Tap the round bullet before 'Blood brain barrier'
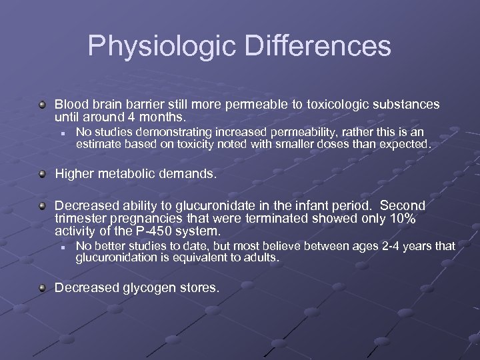coord(43,105)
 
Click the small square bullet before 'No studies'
coord(61,133)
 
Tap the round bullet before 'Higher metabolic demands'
coord(43,175)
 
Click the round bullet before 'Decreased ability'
coord(43,206)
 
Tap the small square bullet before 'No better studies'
coord(61,247)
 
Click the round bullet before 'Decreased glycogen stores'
coord(43,288)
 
